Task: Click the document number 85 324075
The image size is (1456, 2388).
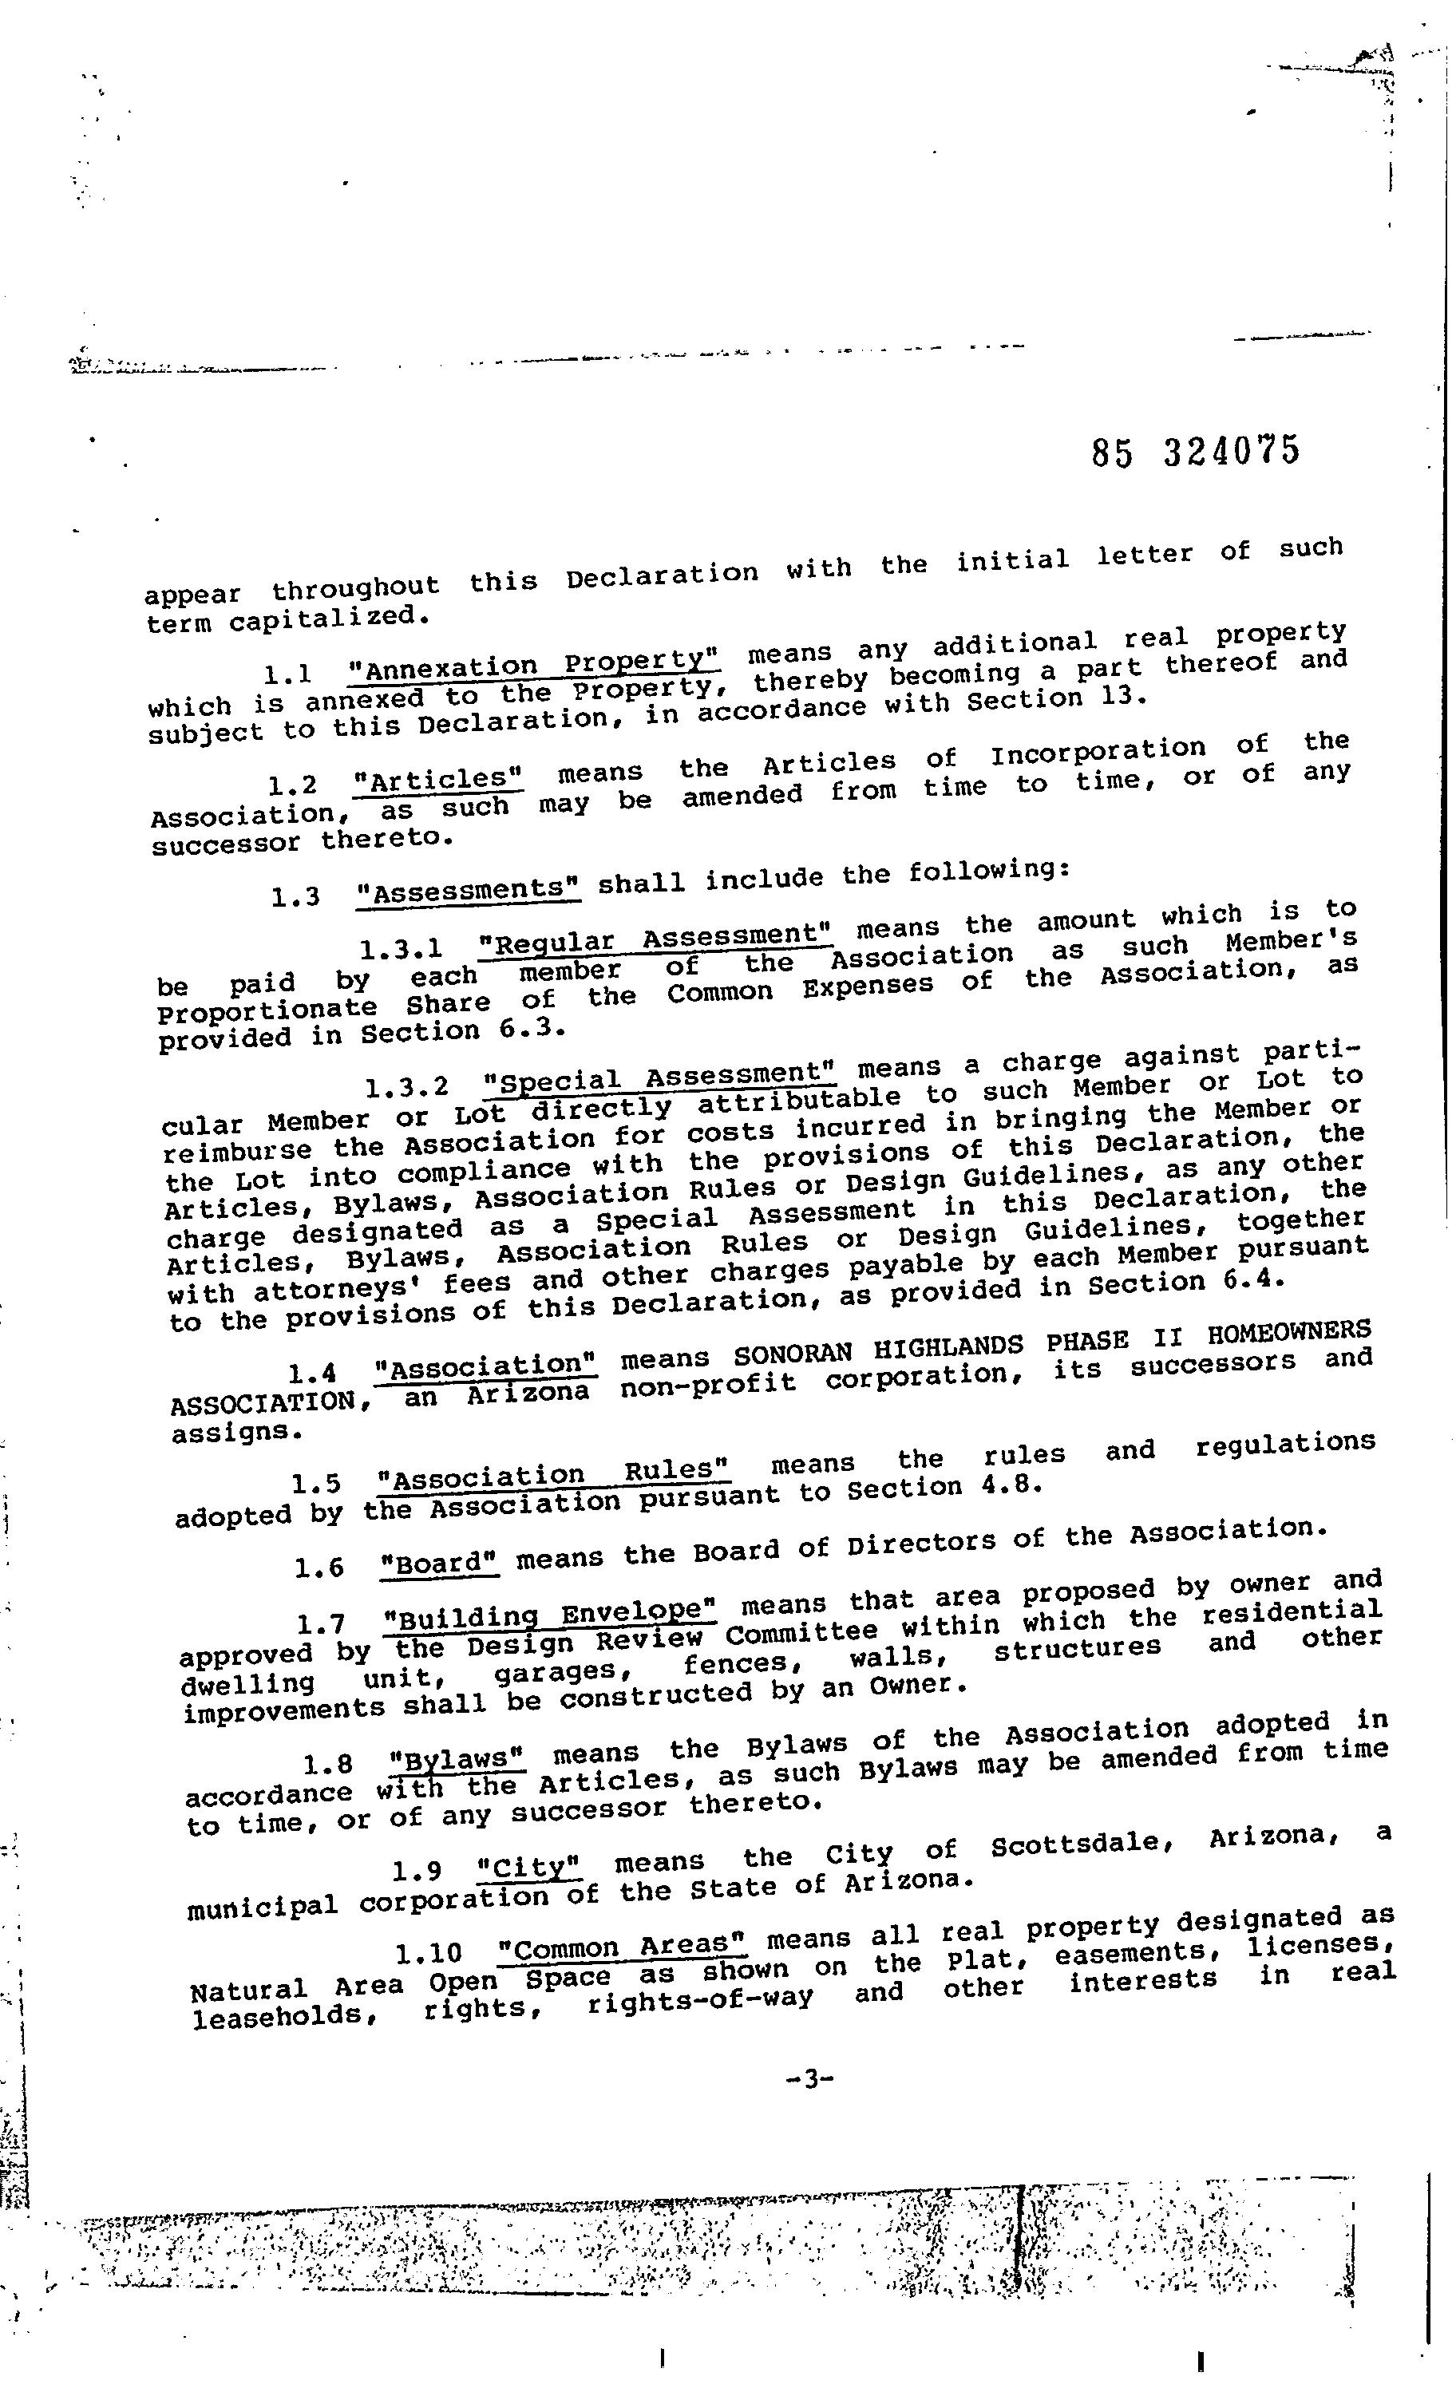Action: [1194, 451]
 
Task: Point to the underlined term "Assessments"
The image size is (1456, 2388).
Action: [469, 890]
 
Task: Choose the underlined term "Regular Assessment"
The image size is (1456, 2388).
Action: [656, 937]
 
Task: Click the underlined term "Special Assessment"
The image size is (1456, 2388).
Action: [659, 1077]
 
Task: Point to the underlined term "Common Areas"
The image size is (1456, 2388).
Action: [621, 1946]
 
